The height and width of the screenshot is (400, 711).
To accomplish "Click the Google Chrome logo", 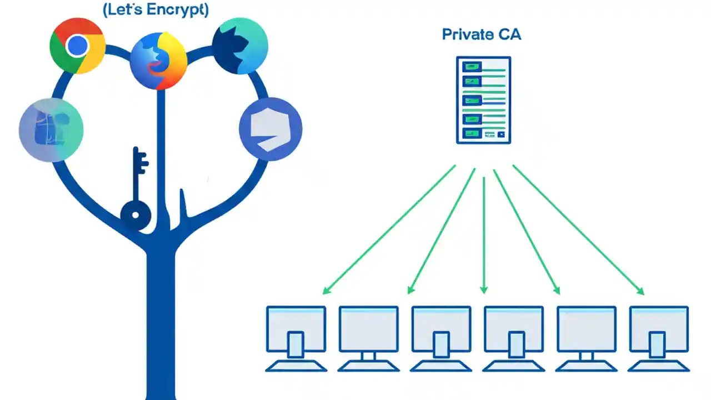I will [77, 46].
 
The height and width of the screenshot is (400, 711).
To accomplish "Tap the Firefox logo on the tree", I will [158, 61].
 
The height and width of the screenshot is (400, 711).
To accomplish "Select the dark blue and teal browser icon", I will [240, 46].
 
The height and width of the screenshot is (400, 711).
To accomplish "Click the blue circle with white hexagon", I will [271, 129].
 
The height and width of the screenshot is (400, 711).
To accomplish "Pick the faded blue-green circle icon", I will [51, 129].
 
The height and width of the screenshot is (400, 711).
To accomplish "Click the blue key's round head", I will [136, 214].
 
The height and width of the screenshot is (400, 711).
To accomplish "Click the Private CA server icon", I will [483, 100].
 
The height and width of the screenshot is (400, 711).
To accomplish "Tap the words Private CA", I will [481, 34].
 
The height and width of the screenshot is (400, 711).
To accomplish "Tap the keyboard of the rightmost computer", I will [659, 366].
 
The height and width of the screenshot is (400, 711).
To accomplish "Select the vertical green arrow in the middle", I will [484, 233].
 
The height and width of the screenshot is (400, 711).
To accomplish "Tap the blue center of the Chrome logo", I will [77, 46].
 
